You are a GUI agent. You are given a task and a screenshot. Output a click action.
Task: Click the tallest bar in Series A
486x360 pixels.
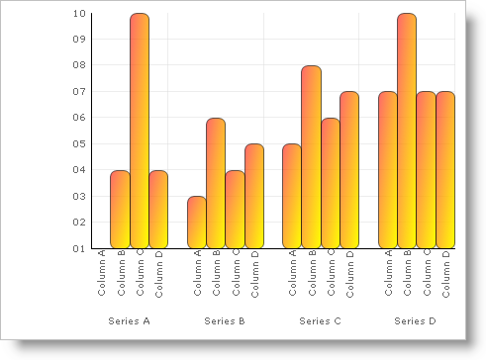tap(140, 131)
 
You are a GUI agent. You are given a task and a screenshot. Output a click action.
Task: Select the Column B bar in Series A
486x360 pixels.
tap(120, 209)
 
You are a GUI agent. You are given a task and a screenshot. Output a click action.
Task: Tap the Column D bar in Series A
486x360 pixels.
tap(158, 209)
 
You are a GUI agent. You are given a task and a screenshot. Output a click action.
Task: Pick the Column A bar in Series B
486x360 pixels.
tap(197, 222)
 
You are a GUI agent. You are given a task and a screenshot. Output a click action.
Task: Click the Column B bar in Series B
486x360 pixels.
tap(216, 183)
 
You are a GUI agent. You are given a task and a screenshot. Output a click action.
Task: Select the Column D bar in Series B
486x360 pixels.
tap(254, 196)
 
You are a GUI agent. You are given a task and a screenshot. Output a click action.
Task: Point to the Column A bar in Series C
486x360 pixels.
tap(292, 196)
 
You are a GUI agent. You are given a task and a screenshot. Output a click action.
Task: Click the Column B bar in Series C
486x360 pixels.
tap(311, 156)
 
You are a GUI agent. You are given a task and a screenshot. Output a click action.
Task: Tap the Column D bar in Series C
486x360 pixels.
tap(349, 169)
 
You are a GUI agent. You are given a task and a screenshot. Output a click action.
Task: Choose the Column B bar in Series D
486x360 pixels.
tap(407, 131)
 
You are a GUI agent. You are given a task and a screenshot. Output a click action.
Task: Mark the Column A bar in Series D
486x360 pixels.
tap(388, 169)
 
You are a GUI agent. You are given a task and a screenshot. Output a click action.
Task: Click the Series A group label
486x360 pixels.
tap(129, 321)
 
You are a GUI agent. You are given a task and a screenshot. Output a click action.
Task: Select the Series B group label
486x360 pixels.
tap(225, 321)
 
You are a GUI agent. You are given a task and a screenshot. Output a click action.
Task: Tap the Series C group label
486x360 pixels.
tap(320, 321)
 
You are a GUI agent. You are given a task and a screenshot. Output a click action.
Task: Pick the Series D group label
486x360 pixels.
tap(415, 321)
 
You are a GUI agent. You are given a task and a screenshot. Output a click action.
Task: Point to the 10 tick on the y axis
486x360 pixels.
tap(79, 14)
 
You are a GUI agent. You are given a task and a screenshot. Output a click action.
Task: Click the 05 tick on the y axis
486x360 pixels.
tap(79, 143)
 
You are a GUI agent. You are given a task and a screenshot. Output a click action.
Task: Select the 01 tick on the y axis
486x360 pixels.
tap(79, 248)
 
